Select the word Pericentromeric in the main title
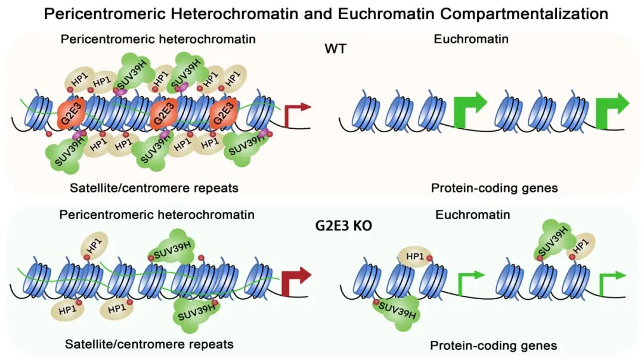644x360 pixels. [x=98, y=14]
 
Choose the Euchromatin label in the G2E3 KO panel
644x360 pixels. [x=473, y=214]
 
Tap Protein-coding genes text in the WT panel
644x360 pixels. [x=494, y=188]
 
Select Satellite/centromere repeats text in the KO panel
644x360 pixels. [x=149, y=344]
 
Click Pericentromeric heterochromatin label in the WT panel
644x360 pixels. [x=159, y=39]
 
